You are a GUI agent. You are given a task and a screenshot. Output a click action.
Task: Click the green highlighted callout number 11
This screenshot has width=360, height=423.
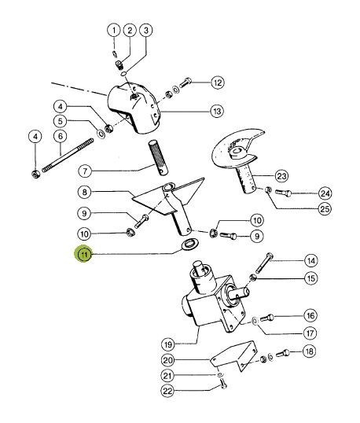[x=83, y=254]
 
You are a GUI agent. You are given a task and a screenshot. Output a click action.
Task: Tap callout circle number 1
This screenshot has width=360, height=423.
[x=114, y=31]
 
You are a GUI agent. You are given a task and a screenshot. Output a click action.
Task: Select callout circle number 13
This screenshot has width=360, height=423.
[x=217, y=111]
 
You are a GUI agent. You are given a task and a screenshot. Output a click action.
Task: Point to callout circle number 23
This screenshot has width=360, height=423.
[x=281, y=176]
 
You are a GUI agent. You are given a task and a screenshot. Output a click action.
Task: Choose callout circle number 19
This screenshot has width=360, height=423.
[x=168, y=344]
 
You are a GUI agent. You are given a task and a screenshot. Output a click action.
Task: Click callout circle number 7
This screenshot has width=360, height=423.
[x=85, y=171]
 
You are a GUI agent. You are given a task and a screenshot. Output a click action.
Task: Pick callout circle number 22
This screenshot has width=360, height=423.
[x=167, y=391]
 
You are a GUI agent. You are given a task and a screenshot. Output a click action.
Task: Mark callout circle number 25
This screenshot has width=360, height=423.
[x=325, y=209]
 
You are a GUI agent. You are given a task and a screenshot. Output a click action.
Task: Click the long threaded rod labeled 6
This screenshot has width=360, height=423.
[x=68, y=155]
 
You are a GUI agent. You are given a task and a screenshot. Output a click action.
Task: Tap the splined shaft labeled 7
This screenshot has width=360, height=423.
[x=158, y=157]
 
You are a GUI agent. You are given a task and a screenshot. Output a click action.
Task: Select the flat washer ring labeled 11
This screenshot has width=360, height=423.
[x=190, y=244]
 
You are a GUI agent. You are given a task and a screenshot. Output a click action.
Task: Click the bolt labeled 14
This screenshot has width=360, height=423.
[x=264, y=263]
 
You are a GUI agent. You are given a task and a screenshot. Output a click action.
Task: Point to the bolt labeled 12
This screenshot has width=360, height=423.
[x=186, y=82]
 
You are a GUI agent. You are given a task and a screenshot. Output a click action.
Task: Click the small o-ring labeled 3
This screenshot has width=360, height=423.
[x=123, y=74]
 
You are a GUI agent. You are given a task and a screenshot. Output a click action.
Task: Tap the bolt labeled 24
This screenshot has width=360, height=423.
[x=283, y=193]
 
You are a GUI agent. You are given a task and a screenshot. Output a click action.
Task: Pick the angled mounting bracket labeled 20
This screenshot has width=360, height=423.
[x=234, y=355]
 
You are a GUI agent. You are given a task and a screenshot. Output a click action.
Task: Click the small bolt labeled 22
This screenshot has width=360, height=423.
[x=223, y=384]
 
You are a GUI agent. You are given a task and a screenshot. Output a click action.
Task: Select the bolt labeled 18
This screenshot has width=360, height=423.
[x=283, y=353]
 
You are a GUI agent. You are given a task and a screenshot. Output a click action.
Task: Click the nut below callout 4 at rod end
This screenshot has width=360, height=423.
[x=36, y=175]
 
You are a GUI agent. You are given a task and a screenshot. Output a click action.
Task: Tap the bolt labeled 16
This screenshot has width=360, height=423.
[x=267, y=318]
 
